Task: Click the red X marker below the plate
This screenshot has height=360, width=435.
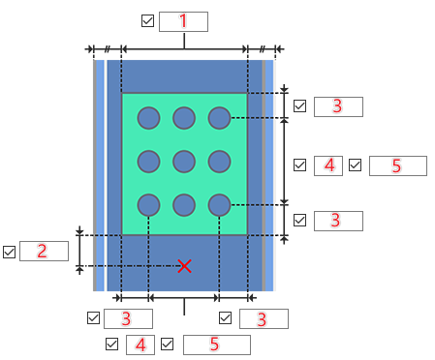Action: (184, 266)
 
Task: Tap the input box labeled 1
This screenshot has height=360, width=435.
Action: (183, 21)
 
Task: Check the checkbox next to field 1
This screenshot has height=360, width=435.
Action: (147, 21)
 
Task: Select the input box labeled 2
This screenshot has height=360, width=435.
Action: (44, 251)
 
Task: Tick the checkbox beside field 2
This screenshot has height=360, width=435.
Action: (9, 252)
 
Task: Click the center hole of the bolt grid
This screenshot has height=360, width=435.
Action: (184, 162)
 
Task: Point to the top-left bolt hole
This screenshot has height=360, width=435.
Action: (148, 118)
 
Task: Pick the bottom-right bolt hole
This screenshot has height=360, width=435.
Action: (220, 205)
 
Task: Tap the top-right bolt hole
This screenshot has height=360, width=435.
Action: (220, 118)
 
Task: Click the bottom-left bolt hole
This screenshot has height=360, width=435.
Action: (148, 205)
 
